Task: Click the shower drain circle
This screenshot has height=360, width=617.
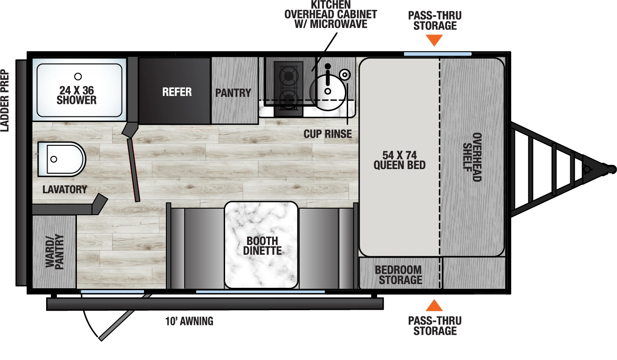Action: click(x=78, y=76)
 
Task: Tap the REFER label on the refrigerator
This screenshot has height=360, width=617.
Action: click(x=177, y=92)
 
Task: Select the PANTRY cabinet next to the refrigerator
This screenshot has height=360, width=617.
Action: click(x=233, y=93)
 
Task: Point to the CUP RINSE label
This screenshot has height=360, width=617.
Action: click(x=328, y=134)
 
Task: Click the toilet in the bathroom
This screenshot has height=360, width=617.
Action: click(x=61, y=159)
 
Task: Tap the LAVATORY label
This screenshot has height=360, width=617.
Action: click(x=64, y=190)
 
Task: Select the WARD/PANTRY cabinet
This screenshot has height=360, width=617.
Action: click(x=54, y=251)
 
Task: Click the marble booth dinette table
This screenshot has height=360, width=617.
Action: click(x=261, y=245)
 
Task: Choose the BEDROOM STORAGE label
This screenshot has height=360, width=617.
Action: click(x=398, y=275)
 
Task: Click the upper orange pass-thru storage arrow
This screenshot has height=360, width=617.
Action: click(x=434, y=41)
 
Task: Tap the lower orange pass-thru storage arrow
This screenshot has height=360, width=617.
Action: click(x=434, y=306)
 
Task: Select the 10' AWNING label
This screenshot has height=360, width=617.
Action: click(x=189, y=321)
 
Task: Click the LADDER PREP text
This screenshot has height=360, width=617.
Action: click(x=5, y=100)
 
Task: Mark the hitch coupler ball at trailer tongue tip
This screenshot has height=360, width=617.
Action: click(x=610, y=168)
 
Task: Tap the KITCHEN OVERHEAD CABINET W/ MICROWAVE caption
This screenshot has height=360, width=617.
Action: click(x=330, y=14)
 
